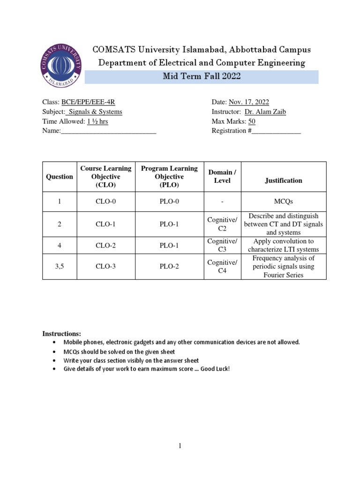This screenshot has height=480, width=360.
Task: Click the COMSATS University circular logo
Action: (61, 66)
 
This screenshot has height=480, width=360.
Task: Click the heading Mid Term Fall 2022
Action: (202, 77)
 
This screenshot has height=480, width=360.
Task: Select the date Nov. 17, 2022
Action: (249, 102)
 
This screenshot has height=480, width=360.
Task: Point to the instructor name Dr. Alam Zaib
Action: (265, 112)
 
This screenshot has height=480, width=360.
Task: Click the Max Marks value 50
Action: (252, 121)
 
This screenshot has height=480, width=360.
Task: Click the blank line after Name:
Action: (109, 131)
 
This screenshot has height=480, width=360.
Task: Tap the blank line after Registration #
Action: (276, 131)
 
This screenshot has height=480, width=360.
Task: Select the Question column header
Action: (60, 177)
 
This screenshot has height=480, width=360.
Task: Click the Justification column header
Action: (284, 180)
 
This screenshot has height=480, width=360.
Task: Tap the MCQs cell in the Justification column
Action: (284, 202)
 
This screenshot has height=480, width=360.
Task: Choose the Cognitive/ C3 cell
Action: (222, 245)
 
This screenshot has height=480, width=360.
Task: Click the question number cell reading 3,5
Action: (60, 266)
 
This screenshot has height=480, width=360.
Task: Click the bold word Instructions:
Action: (62, 334)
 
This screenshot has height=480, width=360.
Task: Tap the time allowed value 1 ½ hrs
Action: (97, 121)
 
